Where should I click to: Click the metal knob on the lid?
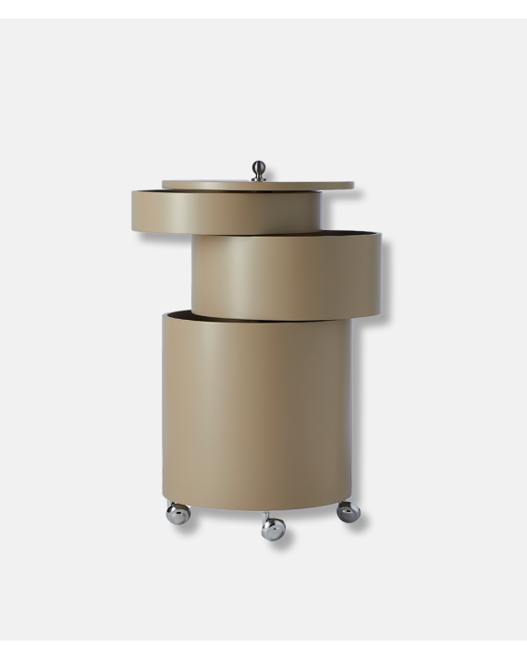click(x=259, y=171)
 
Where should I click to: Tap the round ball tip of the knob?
click(x=259, y=167)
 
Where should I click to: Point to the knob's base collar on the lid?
click(x=259, y=179)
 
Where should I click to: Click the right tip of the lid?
click(x=351, y=185)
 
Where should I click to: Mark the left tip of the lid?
click(x=165, y=184)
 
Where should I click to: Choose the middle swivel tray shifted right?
click(x=287, y=275)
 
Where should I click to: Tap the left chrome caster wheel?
click(x=178, y=514)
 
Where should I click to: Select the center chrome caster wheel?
click(x=273, y=529)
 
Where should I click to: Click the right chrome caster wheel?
click(x=348, y=511)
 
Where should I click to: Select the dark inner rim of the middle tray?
click(x=305, y=231)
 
